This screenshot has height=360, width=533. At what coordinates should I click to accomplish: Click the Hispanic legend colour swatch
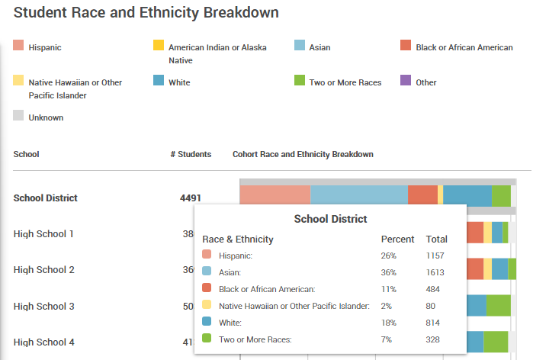click(19, 47)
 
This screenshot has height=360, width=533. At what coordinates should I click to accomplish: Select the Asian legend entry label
click(319, 47)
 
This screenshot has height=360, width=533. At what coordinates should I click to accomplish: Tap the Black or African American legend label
click(464, 47)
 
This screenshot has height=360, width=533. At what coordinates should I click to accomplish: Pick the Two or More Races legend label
click(345, 82)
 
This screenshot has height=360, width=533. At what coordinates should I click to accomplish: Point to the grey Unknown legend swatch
click(19, 117)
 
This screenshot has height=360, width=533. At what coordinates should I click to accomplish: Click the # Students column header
click(191, 154)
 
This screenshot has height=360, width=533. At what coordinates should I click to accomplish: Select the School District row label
click(46, 198)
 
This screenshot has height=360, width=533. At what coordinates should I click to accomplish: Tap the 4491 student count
click(191, 198)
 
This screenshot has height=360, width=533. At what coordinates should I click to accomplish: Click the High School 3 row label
click(44, 307)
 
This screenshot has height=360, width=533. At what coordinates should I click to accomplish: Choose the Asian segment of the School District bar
click(358, 195)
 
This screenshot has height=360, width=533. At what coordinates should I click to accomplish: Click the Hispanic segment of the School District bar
click(275, 195)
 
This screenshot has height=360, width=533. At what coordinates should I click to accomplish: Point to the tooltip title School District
click(330, 219)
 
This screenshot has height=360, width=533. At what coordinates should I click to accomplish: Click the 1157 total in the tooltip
click(436, 256)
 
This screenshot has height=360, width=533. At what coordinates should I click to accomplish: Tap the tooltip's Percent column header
click(397, 239)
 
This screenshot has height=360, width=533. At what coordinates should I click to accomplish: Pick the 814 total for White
click(434, 323)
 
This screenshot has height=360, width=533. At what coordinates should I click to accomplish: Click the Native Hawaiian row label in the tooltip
click(294, 306)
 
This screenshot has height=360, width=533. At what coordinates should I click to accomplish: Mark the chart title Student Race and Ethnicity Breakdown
click(146, 13)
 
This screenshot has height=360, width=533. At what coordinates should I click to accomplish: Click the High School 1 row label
click(44, 233)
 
